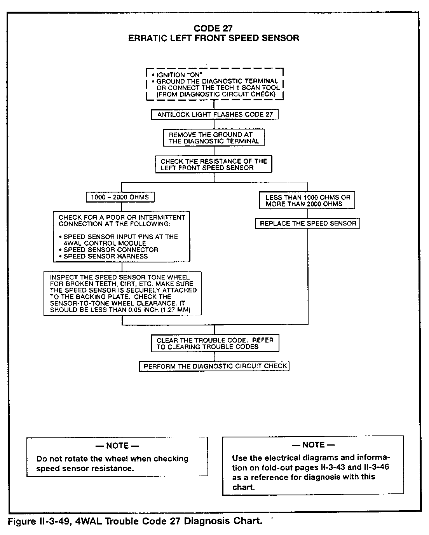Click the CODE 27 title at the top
pos(214,28)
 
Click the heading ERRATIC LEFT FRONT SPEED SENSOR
pos(214,38)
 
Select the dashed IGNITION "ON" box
pos(214,84)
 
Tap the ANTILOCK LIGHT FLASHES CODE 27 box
pos(214,115)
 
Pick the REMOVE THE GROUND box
pos(214,138)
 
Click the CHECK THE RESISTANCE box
pos(214,164)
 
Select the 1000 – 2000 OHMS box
pos(120,197)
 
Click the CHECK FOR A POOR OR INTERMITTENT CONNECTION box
pos(122,236)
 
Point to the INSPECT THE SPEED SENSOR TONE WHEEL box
pos(123,294)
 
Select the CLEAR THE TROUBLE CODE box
pos(215,343)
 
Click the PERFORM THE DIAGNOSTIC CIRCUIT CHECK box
pos(214,366)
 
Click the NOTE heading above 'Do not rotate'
pos(117,446)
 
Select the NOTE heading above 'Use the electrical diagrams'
pos(313,444)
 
